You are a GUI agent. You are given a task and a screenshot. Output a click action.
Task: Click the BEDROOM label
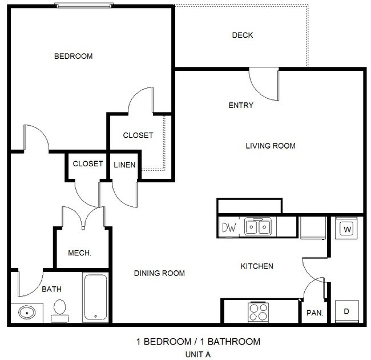click(73, 56)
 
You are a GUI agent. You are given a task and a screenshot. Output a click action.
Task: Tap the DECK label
click(242, 35)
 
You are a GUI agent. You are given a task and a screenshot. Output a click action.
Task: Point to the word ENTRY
click(240, 105)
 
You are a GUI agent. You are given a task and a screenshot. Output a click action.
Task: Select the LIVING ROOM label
click(270, 146)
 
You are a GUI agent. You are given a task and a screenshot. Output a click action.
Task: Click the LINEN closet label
click(124, 165)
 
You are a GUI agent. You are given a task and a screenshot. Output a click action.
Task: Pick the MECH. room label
click(80, 253)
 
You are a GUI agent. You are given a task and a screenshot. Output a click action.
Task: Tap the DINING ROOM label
click(159, 273)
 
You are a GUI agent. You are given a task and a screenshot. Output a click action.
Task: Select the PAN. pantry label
click(314, 313)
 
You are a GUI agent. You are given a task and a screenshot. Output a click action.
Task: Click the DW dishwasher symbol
click(229, 227)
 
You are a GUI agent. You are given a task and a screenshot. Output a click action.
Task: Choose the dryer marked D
click(346, 312)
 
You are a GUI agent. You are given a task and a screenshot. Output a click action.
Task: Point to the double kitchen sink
click(257, 227)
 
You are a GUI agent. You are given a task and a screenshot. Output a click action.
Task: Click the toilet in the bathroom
click(59, 311)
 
